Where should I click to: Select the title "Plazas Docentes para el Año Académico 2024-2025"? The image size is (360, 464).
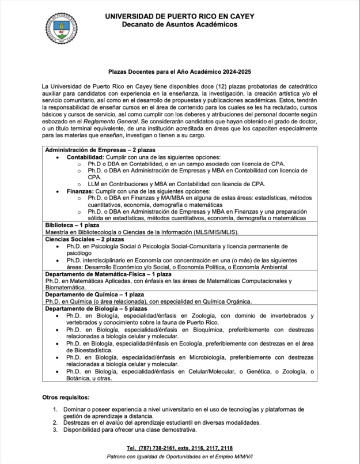pos(180,72)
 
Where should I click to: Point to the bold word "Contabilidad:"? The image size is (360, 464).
pos(85,157)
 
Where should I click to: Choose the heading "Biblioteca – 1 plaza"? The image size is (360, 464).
pos(71,225)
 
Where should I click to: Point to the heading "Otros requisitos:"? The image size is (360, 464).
pos(66,398)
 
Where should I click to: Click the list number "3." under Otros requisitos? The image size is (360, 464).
pos(55,429)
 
